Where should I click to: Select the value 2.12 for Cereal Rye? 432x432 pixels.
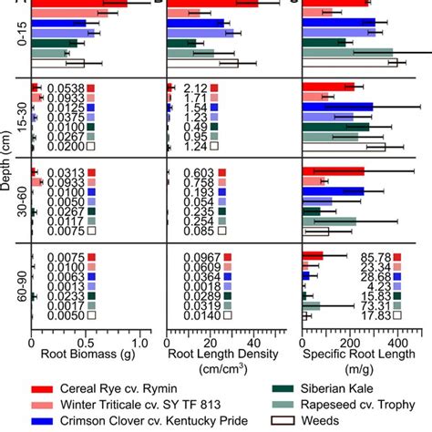pos(194,87)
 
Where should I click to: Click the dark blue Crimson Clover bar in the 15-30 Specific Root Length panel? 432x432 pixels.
pos(337,107)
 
